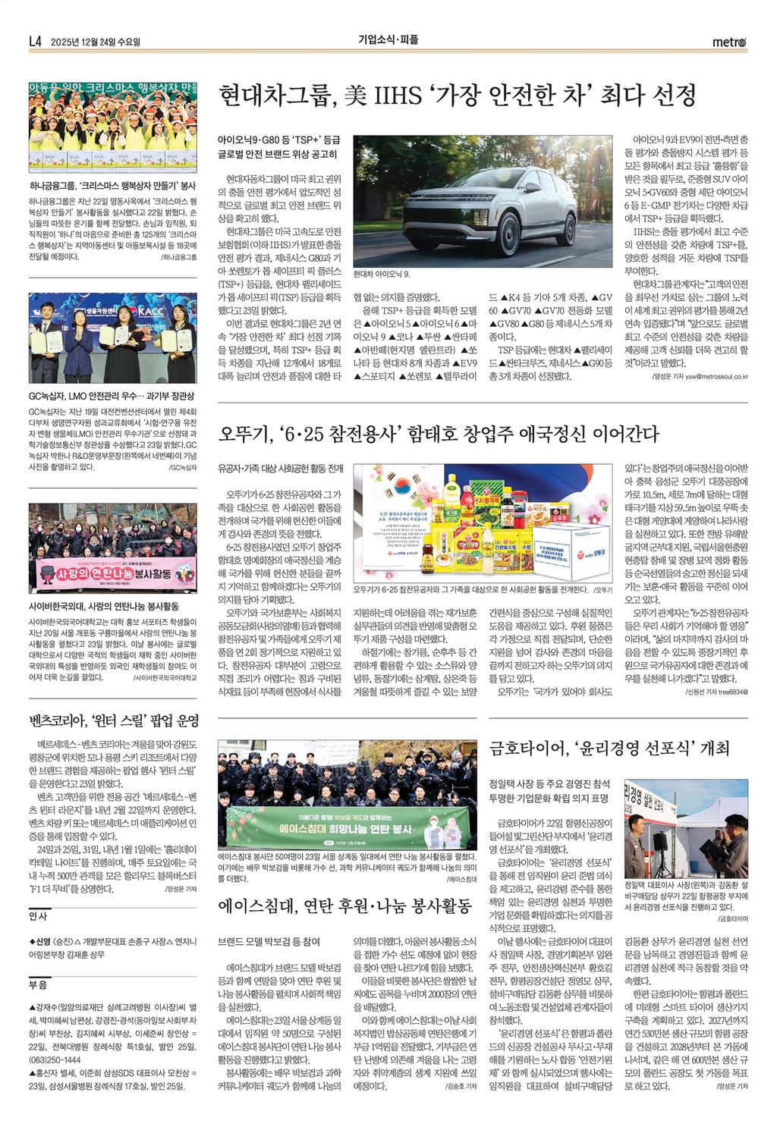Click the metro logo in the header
point(729,42)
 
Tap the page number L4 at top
point(35,42)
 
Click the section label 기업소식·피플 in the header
point(388,40)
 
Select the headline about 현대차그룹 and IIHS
point(457,96)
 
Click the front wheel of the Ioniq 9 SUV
point(430,237)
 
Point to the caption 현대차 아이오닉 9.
point(382,274)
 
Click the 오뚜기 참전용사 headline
point(439,434)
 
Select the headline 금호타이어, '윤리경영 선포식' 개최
point(609,749)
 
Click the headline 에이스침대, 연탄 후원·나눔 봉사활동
point(344,906)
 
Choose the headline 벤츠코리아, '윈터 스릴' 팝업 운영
point(114,720)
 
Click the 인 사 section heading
point(38,916)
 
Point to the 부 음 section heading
point(38,985)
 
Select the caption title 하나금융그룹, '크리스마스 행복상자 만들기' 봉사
point(112,185)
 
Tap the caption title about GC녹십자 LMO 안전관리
point(112,396)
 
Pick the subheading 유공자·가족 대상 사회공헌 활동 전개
point(280,469)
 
